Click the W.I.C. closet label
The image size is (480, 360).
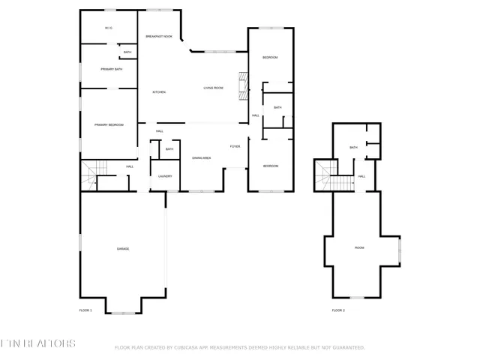[109, 28]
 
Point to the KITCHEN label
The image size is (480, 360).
[159, 92]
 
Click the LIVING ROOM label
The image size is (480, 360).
[214, 88]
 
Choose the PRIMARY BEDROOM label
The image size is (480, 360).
[109, 124]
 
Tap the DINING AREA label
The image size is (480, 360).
[201, 158]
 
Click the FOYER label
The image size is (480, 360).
[235, 146]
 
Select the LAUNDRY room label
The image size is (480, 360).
[165, 176]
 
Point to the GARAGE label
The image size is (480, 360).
[122, 248]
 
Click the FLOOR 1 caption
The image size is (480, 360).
[85, 310]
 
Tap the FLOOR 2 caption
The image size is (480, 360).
[339, 310]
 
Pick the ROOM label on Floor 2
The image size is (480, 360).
[359, 247]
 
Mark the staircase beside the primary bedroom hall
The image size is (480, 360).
[90, 177]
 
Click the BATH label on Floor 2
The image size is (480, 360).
[353, 147]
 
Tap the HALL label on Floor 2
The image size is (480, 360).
[361, 176]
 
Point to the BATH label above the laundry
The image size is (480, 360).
[169, 149]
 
